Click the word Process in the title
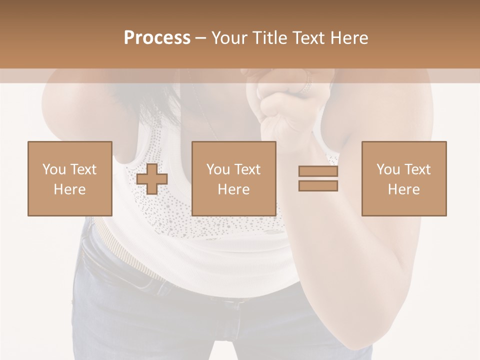tap(157, 37)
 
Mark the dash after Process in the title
tap(201, 38)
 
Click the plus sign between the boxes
tap(152, 178)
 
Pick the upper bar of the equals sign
tap(318, 171)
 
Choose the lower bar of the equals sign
tap(318, 186)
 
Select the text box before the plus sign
tap(69, 178)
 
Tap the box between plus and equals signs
tap(233, 178)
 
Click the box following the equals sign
tap(403, 178)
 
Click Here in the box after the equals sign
tap(403, 189)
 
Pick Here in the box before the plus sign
tap(69, 189)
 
